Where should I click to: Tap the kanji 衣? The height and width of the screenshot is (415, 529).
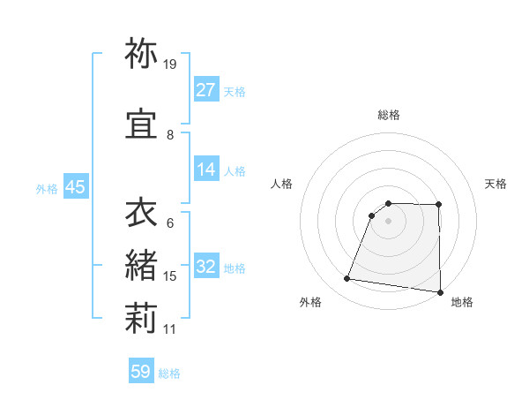pos(141,214)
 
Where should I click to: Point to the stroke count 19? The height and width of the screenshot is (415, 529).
pos(170,64)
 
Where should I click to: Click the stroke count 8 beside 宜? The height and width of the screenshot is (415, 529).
pos(170,135)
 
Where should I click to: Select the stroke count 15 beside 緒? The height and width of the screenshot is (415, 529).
pos(170,276)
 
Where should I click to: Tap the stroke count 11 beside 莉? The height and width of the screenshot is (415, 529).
pos(170,329)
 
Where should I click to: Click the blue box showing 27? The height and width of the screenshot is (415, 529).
pos(206,90)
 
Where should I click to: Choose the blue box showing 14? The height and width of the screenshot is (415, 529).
pos(206,170)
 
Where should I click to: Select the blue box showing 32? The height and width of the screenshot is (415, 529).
pos(206,267)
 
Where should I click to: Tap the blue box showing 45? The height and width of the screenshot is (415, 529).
pos(75,187)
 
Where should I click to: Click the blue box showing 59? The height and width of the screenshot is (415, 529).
pos(141,372)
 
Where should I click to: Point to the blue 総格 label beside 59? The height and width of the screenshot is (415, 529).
pos(169,373)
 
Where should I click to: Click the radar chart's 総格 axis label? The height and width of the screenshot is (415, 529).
pos(388,115)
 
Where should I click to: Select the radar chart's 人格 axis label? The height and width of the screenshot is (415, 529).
pos(282,184)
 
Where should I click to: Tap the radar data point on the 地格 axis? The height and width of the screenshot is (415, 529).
pos(440,292)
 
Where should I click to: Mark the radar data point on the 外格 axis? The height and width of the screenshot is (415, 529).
pos(346,279)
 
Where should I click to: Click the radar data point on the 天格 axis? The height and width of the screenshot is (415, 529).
pos(438,205)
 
